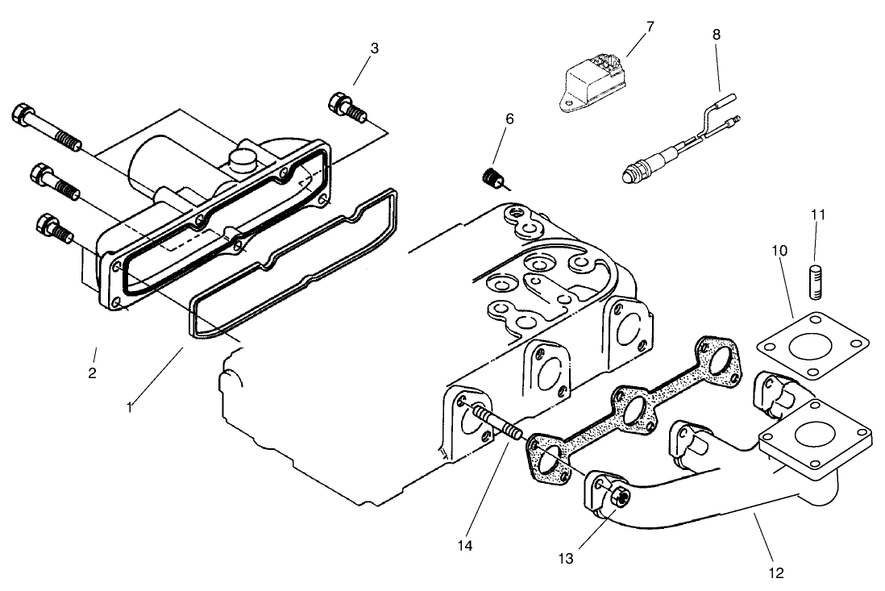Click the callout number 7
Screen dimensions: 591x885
pyautogui.click(x=650, y=27)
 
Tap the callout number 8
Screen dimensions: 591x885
pyautogui.click(x=717, y=35)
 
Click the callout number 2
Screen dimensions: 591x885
pyautogui.click(x=93, y=373)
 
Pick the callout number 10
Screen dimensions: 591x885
pyautogui.click(x=780, y=251)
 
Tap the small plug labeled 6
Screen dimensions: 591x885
pyautogui.click(x=491, y=177)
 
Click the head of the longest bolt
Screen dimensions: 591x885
pyautogui.click(x=23, y=115)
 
